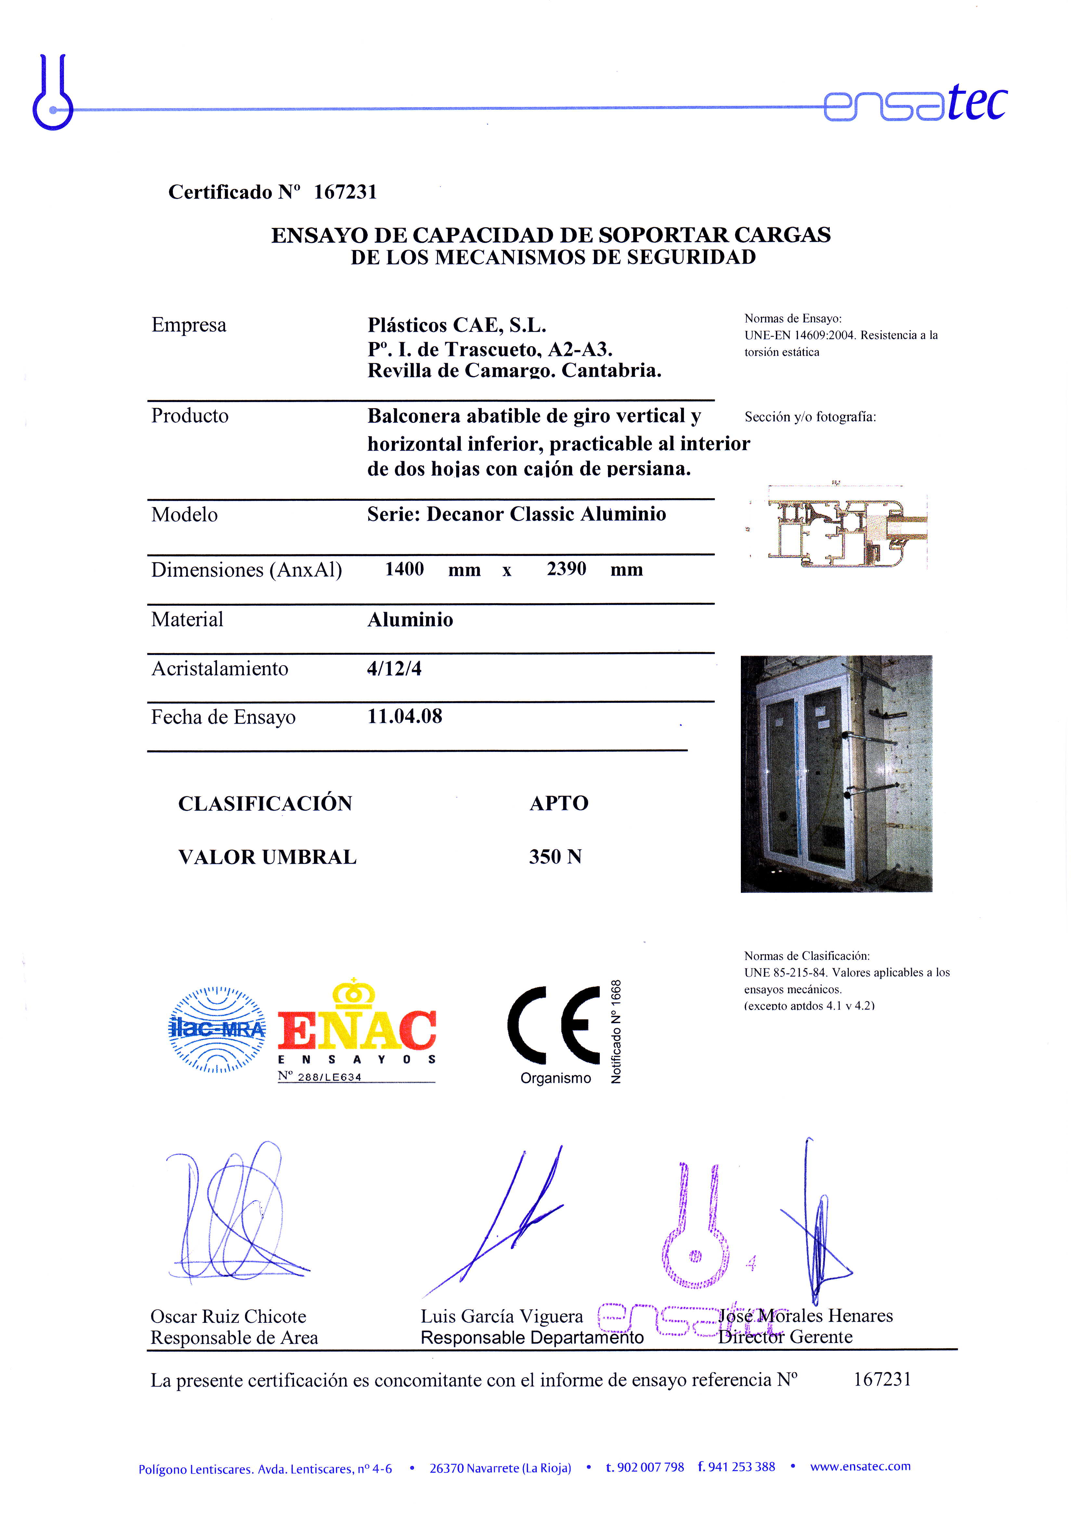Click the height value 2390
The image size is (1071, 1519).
point(566,569)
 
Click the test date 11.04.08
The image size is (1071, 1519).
point(405,716)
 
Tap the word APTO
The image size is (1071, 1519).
point(559,803)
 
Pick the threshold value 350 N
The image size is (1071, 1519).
point(555,857)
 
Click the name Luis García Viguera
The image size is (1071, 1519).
point(502,1317)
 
